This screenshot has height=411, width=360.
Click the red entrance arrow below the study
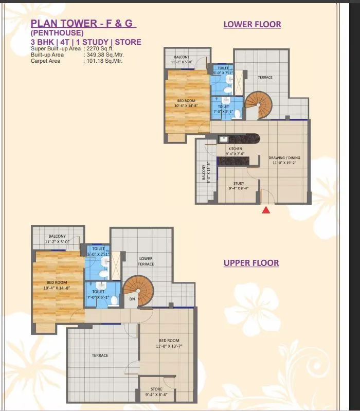[266, 209]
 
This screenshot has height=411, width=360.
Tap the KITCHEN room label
[236, 149]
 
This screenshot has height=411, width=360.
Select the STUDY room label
[238, 183]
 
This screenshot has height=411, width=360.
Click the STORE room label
[156, 389]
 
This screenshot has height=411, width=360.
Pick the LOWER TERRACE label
[146, 261]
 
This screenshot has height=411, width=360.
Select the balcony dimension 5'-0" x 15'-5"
[209, 173]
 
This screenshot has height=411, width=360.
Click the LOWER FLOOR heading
[252, 24]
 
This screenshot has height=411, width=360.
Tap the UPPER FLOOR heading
[251, 263]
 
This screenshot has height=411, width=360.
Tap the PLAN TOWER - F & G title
[83, 23]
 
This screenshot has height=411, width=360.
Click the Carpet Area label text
[45, 61]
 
